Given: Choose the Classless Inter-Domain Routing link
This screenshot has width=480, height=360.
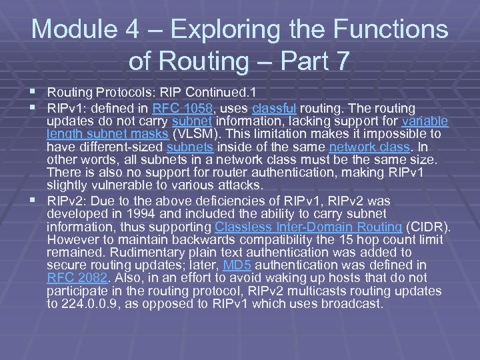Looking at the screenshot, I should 309,226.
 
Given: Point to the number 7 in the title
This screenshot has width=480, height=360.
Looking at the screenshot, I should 339,61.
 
